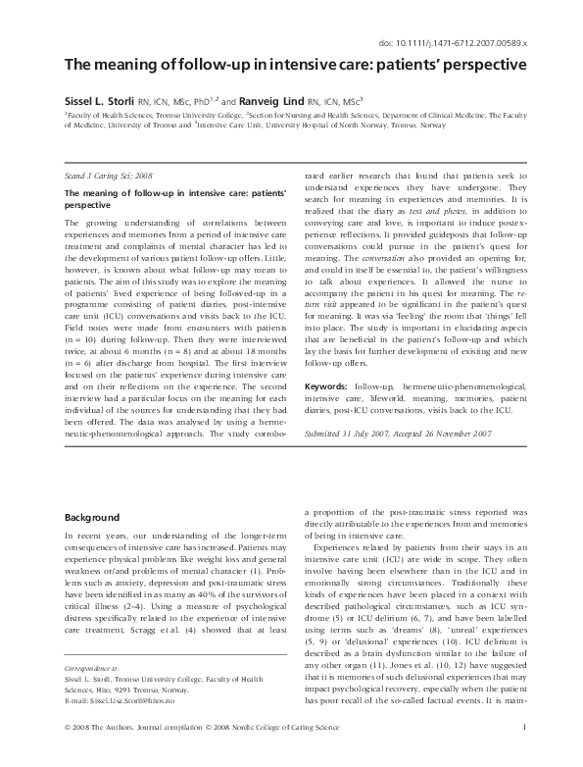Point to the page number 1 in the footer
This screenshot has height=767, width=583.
(525, 754)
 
